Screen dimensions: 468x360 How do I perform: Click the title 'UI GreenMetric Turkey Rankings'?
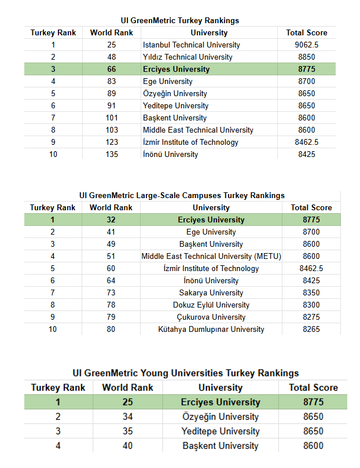point(180,20)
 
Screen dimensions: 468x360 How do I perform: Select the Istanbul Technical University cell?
point(191,45)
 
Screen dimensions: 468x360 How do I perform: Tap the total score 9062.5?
point(307,45)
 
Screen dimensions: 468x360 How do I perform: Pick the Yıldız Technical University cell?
point(188,57)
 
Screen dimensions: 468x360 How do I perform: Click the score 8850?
point(307,57)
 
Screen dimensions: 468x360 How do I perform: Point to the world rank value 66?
point(112,69)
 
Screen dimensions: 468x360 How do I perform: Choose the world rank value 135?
point(112,154)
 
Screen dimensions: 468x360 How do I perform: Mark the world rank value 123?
point(112,142)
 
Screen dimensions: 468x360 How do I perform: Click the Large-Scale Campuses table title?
point(182,195)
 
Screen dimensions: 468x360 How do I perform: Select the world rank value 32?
point(111,220)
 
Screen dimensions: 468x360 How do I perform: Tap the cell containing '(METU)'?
point(211,256)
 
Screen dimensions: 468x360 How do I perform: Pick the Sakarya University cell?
point(211,292)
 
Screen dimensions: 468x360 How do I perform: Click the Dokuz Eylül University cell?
point(211,305)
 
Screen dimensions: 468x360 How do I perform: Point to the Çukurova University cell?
point(211,317)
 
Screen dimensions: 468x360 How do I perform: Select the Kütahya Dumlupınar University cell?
point(211,329)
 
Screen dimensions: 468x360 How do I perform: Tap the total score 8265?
point(311,329)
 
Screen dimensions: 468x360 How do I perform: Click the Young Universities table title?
point(185,373)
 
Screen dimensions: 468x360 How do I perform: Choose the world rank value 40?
point(127,445)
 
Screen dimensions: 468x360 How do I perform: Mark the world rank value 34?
point(127,416)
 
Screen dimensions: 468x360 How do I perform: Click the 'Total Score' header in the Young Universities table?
point(313,387)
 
